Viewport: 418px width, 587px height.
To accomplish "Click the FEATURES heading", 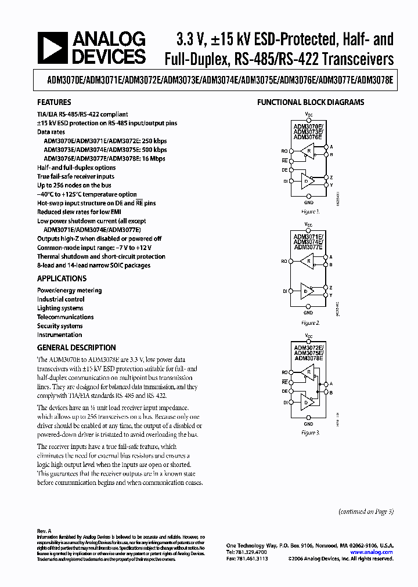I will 54,102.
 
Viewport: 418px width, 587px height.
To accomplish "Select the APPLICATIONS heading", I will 62,278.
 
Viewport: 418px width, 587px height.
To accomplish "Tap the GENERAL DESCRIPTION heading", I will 76,347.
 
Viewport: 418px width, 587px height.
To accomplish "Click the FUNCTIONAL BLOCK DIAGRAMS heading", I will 311,103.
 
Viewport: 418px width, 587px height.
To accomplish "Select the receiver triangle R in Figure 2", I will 308,262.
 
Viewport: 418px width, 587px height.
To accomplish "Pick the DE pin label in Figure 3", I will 284,392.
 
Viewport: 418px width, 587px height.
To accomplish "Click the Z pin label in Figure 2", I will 331,287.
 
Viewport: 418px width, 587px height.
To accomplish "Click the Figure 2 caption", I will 310,323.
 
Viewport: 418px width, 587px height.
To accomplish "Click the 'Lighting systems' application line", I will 60,308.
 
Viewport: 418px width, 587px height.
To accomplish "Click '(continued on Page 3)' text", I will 366,511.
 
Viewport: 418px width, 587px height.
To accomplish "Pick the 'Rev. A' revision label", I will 44,531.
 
